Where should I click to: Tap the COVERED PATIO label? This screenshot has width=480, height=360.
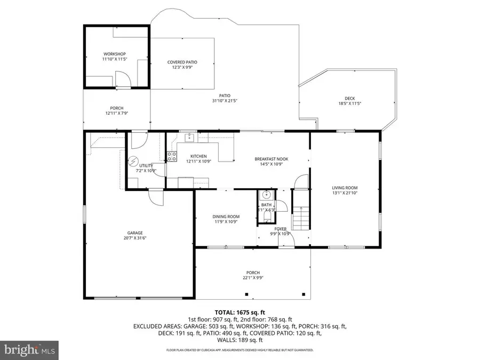coord(182,62)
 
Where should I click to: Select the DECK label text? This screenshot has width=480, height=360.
coord(349,98)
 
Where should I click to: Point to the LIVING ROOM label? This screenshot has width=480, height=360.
coord(345,188)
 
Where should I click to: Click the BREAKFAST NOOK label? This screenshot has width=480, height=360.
coord(271,159)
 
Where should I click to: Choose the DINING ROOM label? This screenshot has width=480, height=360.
coord(226,217)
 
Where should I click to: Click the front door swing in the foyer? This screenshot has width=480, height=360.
coord(288,242)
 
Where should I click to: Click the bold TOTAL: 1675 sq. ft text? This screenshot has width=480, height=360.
coord(239,312)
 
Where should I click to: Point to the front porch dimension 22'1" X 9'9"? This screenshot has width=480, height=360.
coord(253,277)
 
